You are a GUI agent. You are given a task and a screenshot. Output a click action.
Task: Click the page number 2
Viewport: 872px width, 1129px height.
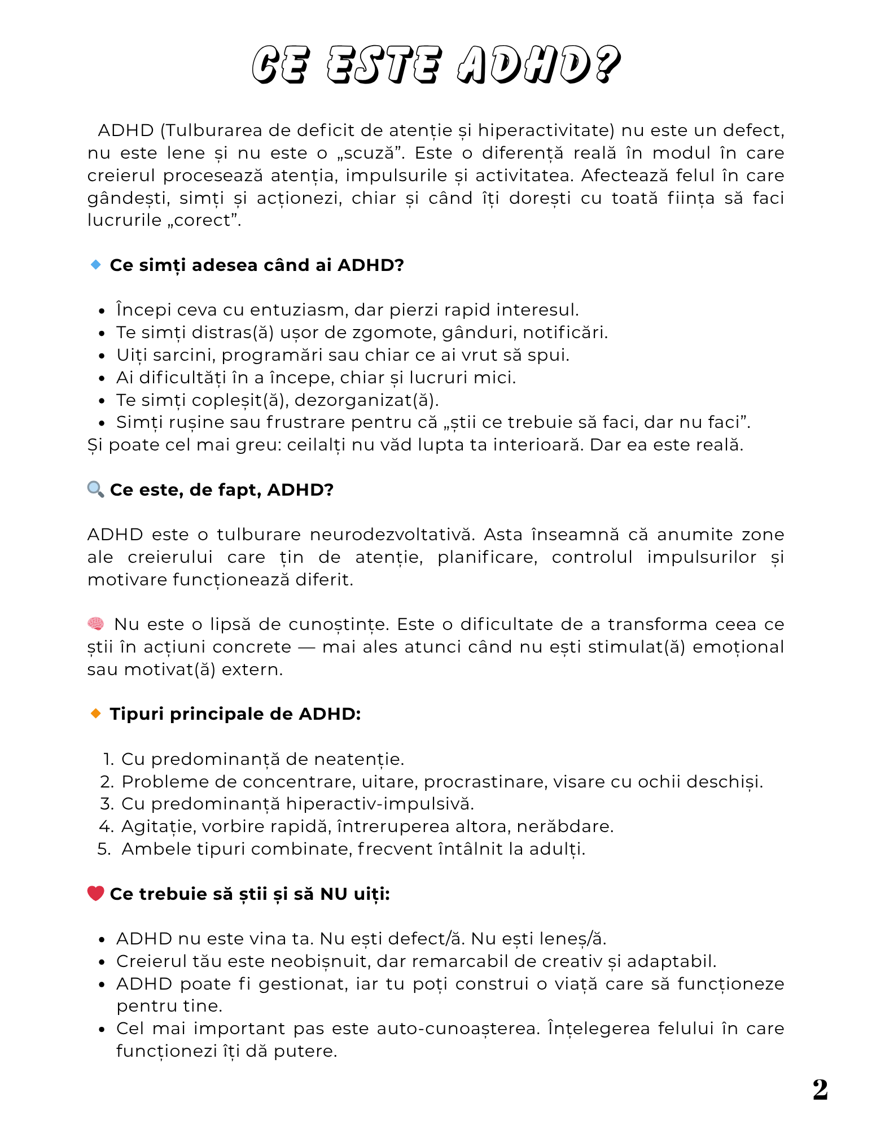(820, 1089)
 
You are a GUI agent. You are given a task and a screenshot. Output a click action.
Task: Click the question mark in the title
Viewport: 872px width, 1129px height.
(607, 64)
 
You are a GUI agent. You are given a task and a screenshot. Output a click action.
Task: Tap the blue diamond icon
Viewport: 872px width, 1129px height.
(95, 264)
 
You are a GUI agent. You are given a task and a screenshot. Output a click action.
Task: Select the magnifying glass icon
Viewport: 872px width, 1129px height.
(95, 489)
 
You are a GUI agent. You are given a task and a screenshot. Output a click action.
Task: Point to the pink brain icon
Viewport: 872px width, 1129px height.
(95, 624)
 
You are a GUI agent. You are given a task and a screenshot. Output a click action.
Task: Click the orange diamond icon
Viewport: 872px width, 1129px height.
(95, 714)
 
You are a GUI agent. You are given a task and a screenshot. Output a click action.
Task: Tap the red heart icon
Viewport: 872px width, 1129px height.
(95, 893)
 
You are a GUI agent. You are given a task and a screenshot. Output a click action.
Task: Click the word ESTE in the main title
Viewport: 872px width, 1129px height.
(383, 64)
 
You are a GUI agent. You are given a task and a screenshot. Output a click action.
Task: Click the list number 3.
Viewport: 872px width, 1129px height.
(107, 803)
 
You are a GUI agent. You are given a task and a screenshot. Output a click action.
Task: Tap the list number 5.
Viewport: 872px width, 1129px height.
(104, 848)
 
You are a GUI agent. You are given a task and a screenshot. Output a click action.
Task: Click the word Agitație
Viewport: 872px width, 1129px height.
(159, 826)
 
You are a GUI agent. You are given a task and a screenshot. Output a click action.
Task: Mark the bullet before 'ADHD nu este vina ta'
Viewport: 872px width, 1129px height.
(102, 939)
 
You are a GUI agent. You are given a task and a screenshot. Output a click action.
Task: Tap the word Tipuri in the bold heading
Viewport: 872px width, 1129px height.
(137, 714)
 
